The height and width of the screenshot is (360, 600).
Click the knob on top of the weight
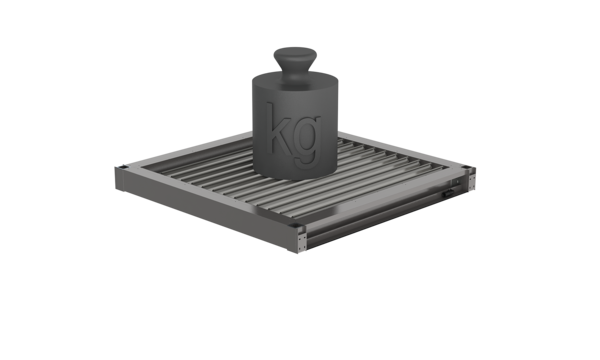[295, 57]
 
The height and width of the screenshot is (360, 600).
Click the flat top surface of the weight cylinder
[295, 80]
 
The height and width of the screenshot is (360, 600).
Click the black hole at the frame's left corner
[123, 167]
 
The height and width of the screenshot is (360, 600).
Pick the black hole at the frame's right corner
[465, 167]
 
